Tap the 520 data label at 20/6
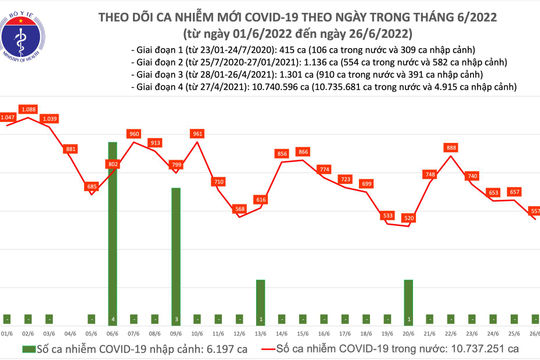tap(408, 217)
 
